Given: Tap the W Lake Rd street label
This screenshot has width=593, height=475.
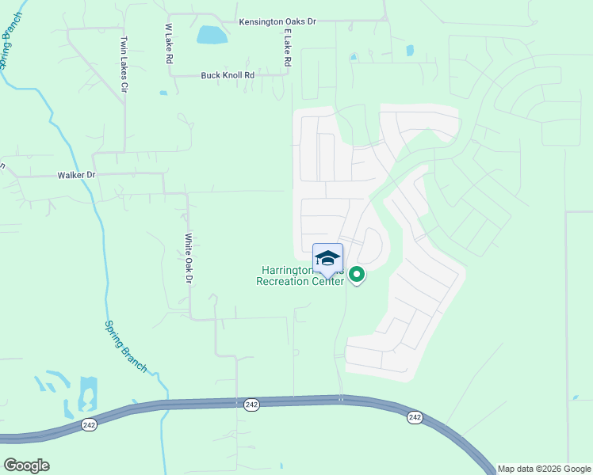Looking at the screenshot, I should pos(169,44).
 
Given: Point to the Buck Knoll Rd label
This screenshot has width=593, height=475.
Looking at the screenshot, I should pos(227,75).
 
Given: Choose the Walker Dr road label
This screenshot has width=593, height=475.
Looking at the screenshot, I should pos(76,174).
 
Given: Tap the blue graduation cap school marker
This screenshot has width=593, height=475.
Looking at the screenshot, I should pos(327,258).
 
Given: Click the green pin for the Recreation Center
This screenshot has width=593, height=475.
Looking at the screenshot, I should pos(357,275).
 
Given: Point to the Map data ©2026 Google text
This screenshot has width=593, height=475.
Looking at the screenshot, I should pos(545,469).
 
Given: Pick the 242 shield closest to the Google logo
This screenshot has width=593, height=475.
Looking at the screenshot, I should pos(89,424).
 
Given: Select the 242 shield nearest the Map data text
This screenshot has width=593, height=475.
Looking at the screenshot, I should pos(415,416).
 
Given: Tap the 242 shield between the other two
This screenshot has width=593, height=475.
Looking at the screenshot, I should pos(251,405).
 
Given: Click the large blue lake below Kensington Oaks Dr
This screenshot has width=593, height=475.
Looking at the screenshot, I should pos(212,35).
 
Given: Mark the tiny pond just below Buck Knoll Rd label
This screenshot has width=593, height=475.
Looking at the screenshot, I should pos(163,93).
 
